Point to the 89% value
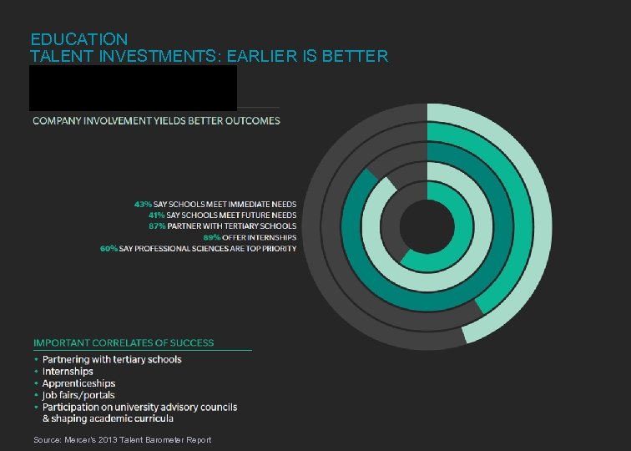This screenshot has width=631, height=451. (212, 238)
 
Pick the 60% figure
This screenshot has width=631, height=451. (109, 249)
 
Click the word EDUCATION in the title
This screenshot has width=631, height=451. (79, 39)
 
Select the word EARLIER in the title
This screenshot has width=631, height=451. (274, 56)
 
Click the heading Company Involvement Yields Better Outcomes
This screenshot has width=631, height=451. (156, 120)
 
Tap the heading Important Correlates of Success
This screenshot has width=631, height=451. (124, 342)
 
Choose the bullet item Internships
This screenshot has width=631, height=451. (68, 372)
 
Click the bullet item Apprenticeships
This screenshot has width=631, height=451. (78, 383)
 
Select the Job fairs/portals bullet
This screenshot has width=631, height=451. (78, 395)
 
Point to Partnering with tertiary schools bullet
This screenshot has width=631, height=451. (112, 360)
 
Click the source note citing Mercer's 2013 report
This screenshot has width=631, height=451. (123, 439)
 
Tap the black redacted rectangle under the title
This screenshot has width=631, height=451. (134, 88)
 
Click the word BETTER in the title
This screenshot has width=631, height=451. (359, 56)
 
